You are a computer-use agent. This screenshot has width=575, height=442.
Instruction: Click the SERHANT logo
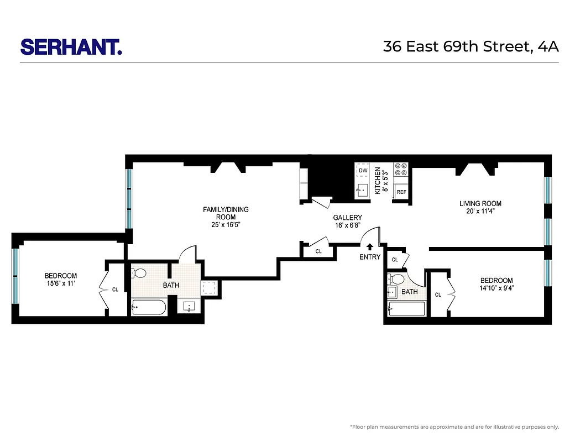(x=71, y=46)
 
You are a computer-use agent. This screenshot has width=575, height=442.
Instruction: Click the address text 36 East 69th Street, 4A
(x=471, y=46)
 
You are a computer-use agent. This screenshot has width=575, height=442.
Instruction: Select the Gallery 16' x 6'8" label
(x=347, y=222)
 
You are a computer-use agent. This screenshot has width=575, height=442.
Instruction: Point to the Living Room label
(x=480, y=207)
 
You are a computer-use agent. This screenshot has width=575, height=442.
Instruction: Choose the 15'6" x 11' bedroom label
(x=61, y=280)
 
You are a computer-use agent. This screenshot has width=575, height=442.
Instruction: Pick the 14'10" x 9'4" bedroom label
(x=496, y=284)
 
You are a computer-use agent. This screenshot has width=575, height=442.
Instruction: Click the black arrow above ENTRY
(x=370, y=247)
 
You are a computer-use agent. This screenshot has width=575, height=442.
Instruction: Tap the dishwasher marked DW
(x=363, y=171)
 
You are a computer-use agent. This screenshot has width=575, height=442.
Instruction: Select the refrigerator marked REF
(x=401, y=192)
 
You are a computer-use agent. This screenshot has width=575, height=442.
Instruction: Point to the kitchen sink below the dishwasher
(x=363, y=190)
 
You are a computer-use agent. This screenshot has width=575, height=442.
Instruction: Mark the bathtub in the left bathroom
(x=149, y=307)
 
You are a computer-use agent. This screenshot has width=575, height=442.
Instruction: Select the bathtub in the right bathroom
(x=406, y=309)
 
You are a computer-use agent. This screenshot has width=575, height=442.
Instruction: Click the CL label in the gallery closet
(x=318, y=251)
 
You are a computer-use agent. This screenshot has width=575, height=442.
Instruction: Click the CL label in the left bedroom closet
(x=115, y=289)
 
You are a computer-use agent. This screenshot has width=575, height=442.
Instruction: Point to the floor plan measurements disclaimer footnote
(x=454, y=427)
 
